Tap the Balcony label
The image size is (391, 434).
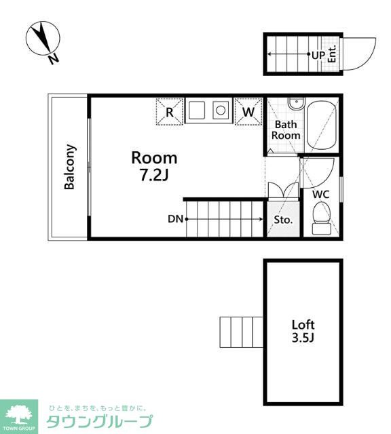click(69, 167)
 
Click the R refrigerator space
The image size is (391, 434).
click(170, 112)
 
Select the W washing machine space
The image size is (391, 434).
click(248, 111)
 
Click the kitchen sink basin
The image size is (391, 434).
click(197, 110)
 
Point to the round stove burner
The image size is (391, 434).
click(221, 111)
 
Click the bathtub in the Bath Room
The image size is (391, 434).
click(322, 125)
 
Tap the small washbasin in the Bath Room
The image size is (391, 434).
click(296, 104)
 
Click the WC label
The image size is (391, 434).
click(321, 195)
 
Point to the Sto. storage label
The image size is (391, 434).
click(283, 220)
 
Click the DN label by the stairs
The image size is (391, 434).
click(175, 219)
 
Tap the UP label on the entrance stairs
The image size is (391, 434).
click(318, 55)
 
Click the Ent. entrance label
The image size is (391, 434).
click(332, 54)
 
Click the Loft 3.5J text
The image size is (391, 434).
click(303, 331)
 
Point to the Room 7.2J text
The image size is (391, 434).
click(154, 166)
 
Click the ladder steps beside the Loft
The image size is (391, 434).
click(242, 332)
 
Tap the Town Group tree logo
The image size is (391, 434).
click(19, 415)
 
